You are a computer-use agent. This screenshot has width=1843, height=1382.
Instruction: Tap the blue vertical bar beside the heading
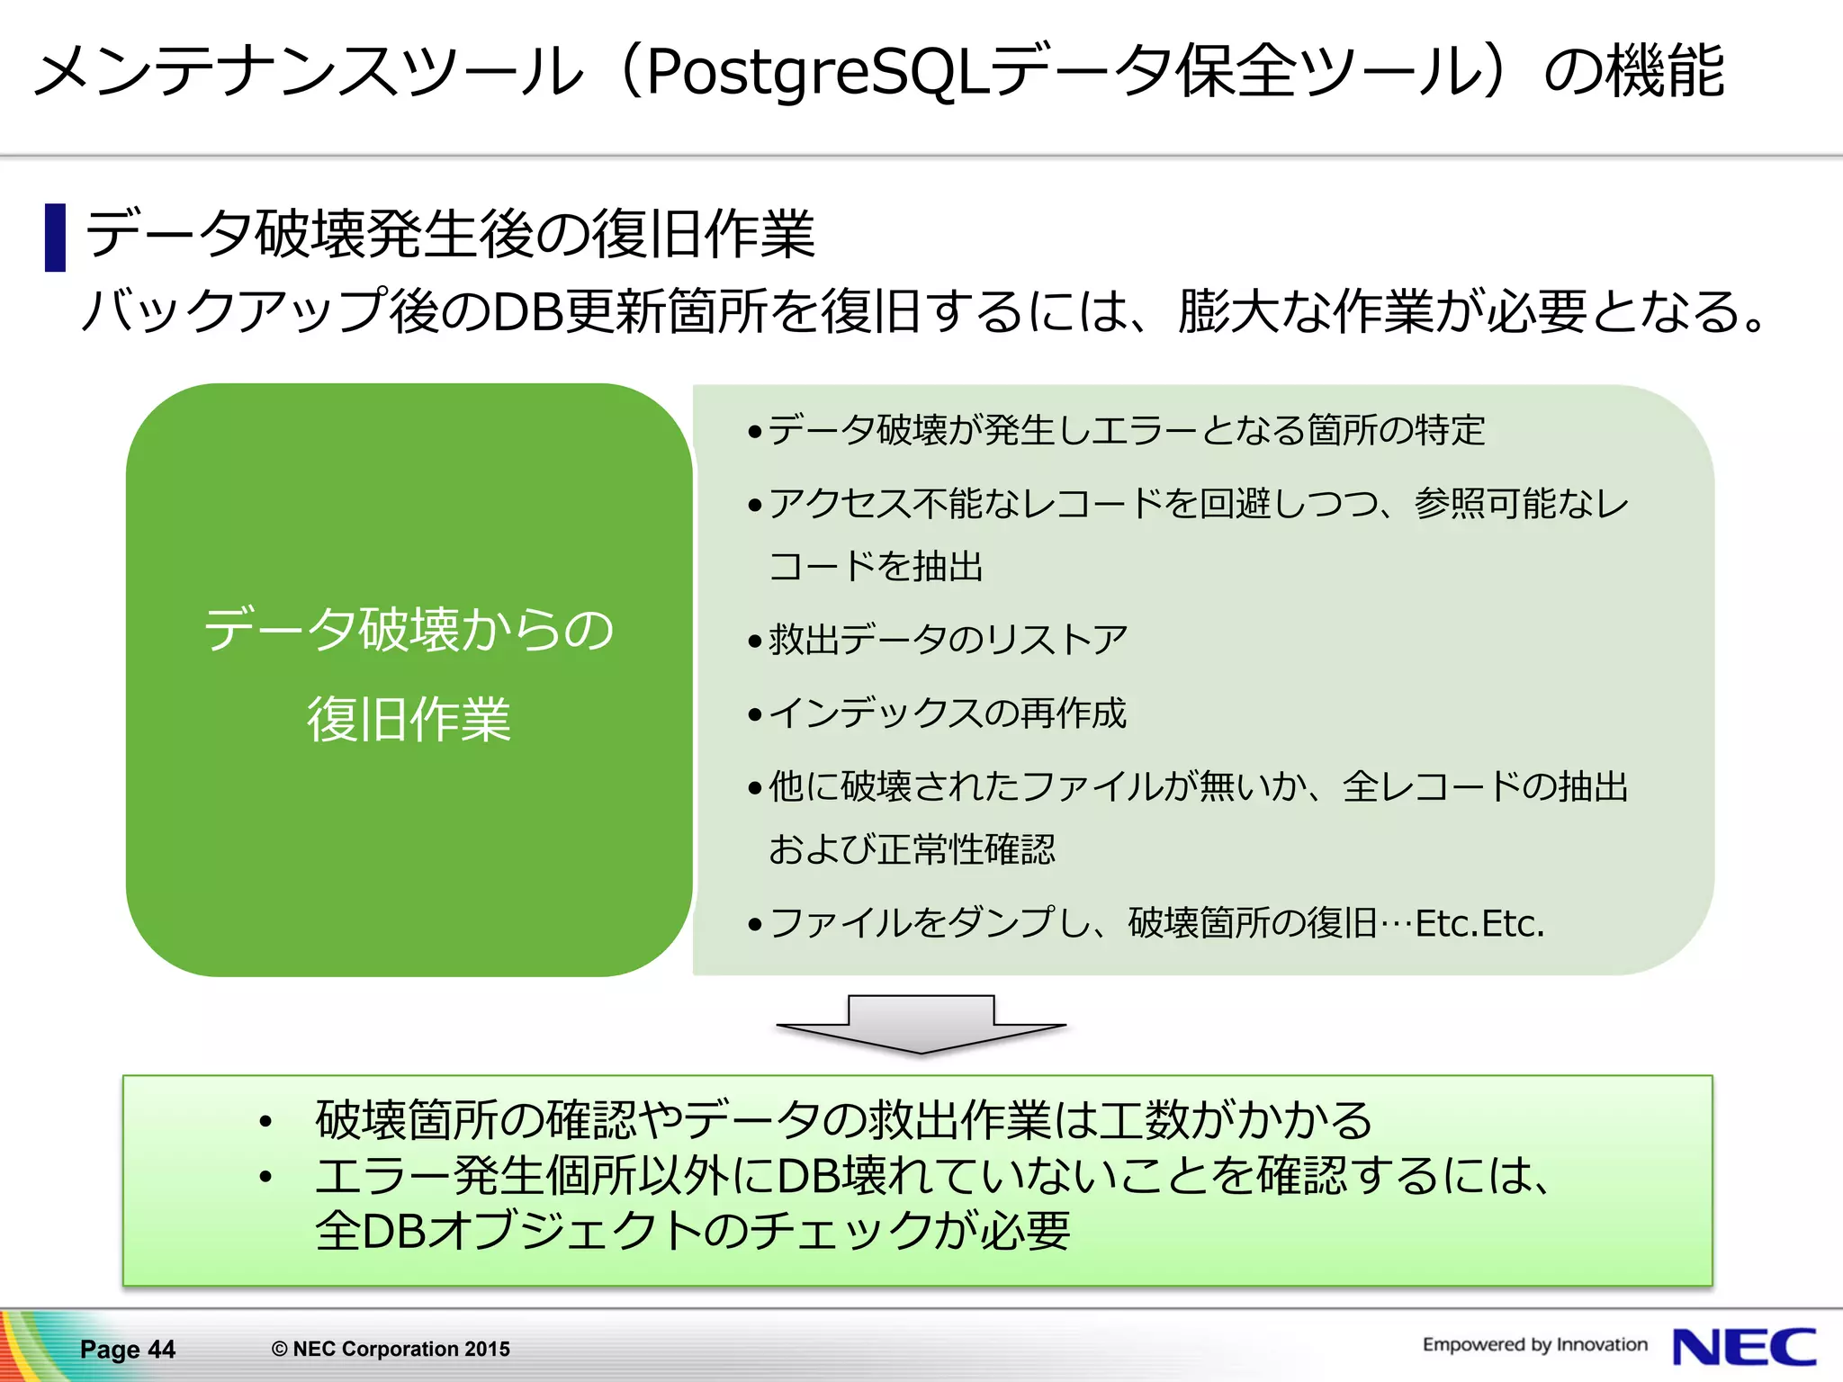pyautogui.click(x=56, y=238)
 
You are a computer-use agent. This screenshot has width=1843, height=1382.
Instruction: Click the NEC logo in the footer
pyautogui.click(x=1744, y=1347)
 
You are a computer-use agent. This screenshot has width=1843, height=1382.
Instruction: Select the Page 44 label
pyautogui.click(x=127, y=1349)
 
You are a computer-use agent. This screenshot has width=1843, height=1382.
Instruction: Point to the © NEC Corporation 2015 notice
pyautogui.click(x=391, y=1349)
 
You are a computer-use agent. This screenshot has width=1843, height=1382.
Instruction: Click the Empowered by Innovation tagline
pyautogui.click(x=1534, y=1344)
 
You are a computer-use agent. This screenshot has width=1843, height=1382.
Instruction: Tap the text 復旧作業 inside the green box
pyautogui.click(x=409, y=719)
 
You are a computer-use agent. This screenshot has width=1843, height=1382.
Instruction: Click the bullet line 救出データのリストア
pyautogui.click(x=947, y=640)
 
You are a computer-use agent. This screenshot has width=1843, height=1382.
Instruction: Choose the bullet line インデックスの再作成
pyautogui.click(x=947, y=713)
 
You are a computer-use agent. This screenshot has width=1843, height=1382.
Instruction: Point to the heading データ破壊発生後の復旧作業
pyautogui.click(x=450, y=234)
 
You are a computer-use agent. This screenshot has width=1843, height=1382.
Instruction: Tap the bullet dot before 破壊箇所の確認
pyautogui.click(x=265, y=1121)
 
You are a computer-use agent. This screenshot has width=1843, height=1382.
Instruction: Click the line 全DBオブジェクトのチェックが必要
pyautogui.click(x=693, y=1231)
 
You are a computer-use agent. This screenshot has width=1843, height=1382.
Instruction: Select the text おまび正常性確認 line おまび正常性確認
pyautogui.click(x=911, y=848)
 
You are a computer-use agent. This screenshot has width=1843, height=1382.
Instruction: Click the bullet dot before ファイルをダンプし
pyautogui.click(x=755, y=924)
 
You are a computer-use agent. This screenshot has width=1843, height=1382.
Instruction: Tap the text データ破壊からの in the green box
pyautogui.click(x=409, y=629)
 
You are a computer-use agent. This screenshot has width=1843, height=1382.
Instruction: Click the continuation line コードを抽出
pyautogui.click(x=875, y=567)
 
